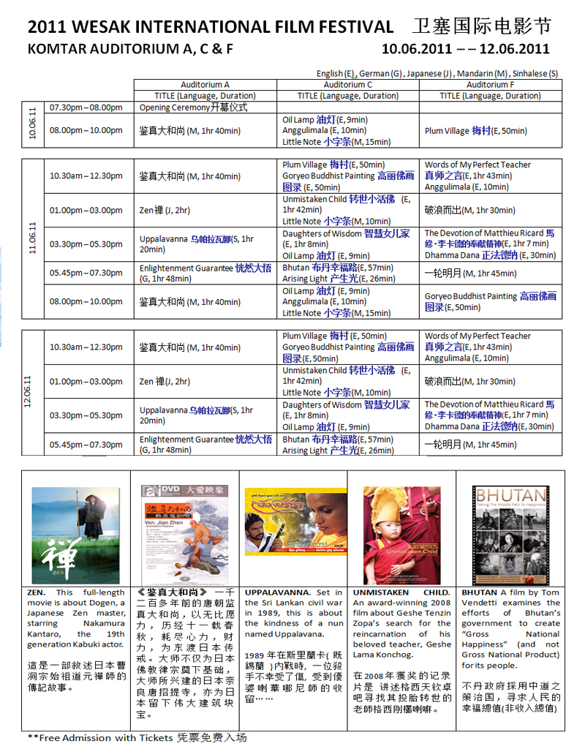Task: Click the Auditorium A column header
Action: pyautogui.click(x=205, y=85)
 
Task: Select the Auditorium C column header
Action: pyautogui.click(x=348, y=85)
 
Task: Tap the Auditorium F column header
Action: pyautogui.click(x=491, y=85)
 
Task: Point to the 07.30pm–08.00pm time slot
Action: pyautogui.click(x=86, y=108)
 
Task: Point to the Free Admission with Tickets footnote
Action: pyautogui.click(x=137, y=737)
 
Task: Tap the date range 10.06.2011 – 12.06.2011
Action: pyautogui.click(x=465, y=50)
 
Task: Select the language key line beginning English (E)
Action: pyautogui.click(x=437, y=74)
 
